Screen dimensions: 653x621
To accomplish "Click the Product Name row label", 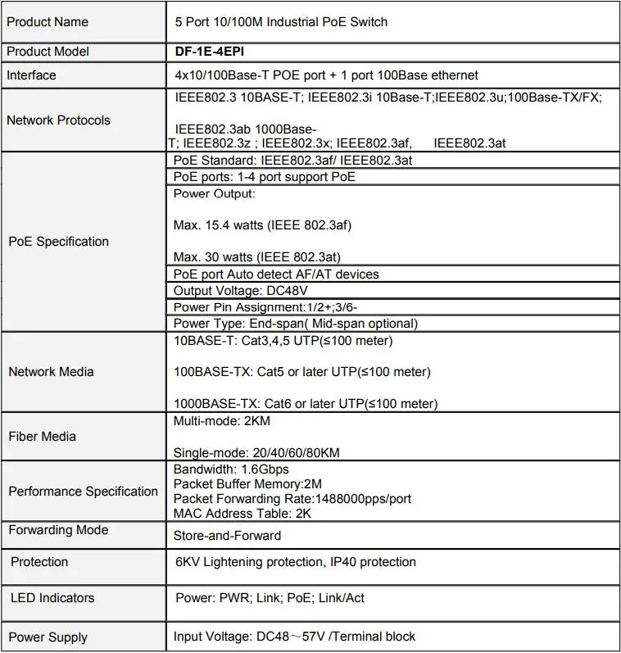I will pyautogui.click(x=48, y=21).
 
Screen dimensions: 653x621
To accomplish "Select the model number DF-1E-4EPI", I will pyautogui.click(x=210, y=51).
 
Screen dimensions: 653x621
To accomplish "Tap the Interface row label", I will pyautogui.click(x=32, y=75).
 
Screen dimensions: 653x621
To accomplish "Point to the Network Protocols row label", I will pyautogui.click(x=58, y=120).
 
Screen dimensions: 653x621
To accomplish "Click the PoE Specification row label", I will pyautogui.click(x=58, y=241).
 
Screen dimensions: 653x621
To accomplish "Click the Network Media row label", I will pyautogui.click(x=51, y=371).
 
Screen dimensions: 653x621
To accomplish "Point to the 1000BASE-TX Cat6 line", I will pyautogui.click(x=306, y=403).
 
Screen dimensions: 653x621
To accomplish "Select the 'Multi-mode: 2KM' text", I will pyautogui.click(x=222, y=420).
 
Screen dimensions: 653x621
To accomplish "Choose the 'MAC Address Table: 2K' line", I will pyautogui.click(x=243, y=514).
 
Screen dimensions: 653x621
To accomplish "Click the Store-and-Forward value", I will pyautogui.click(x=227, y=536).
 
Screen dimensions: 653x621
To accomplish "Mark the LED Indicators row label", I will pyautogui.click(x=52, y=598).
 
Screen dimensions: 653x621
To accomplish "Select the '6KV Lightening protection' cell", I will pyautogui.click(x=296, y=562).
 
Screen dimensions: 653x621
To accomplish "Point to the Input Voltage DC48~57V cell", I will pyautogui.click(x=294, y=637).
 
